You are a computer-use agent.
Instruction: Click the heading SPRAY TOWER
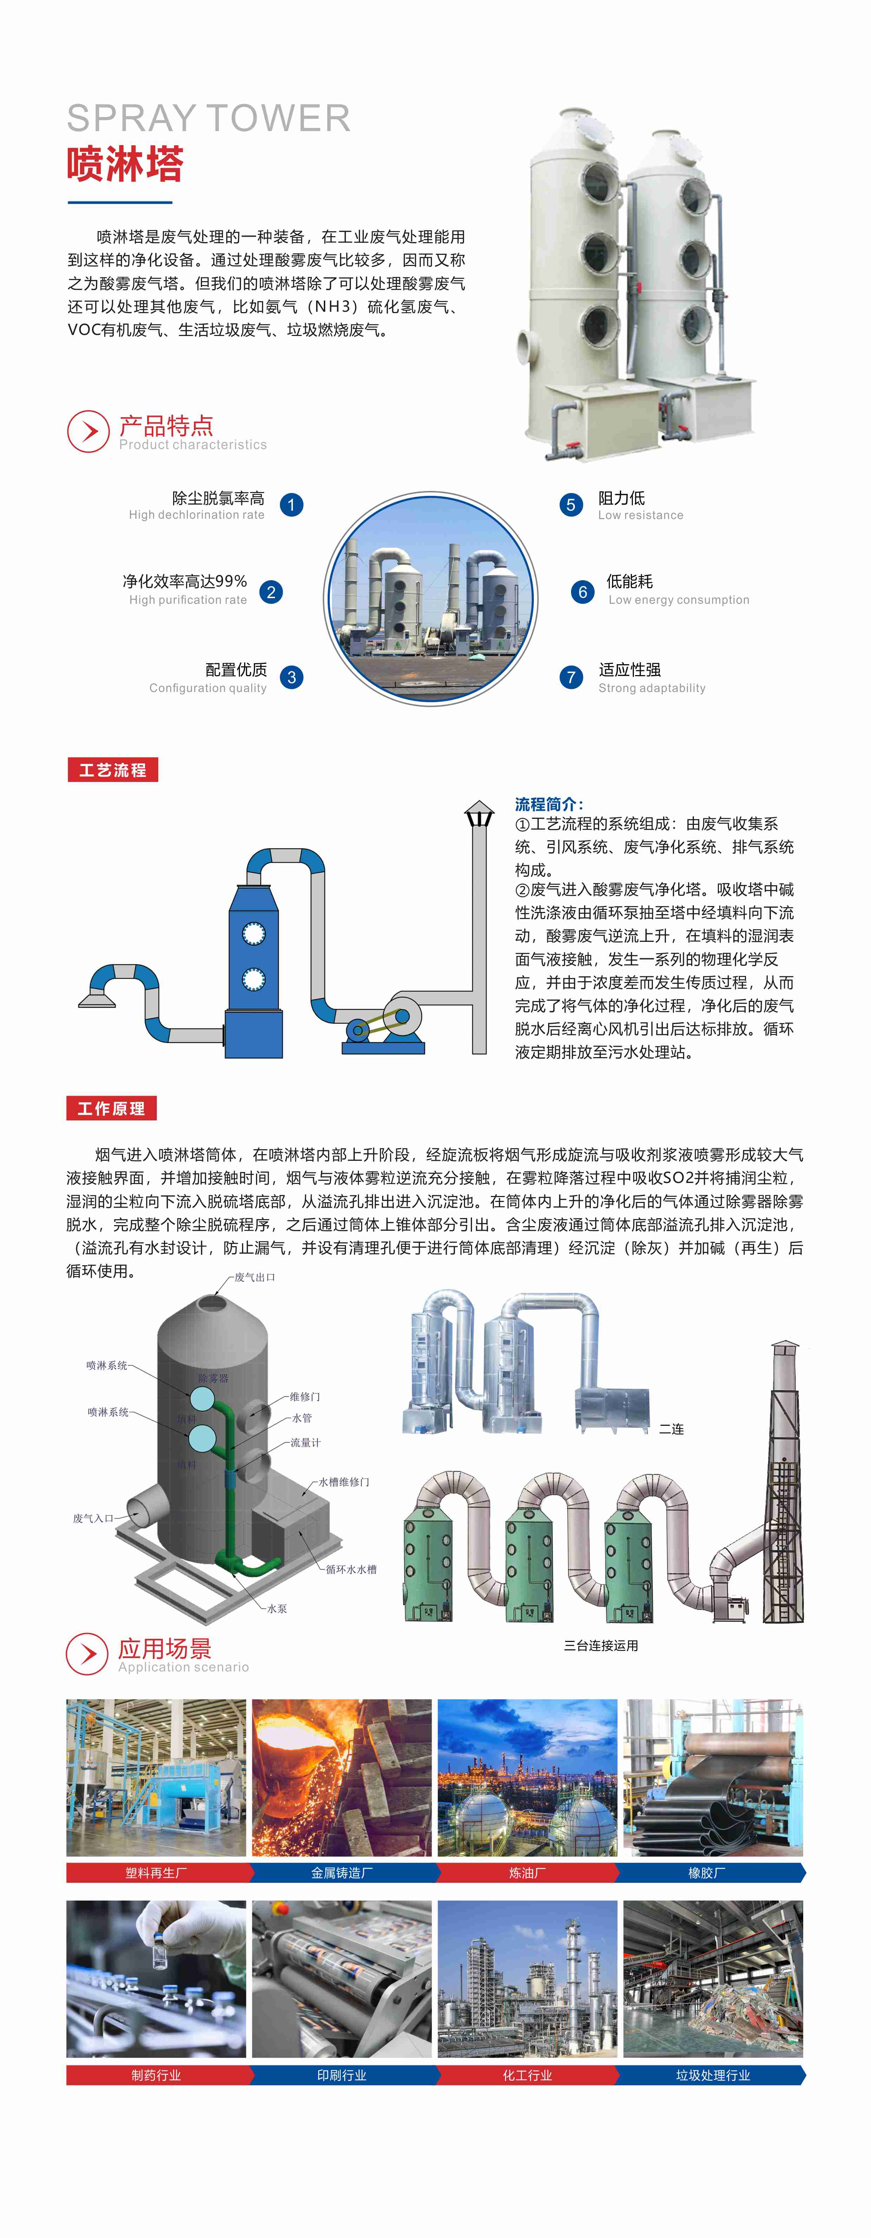click(208, 118)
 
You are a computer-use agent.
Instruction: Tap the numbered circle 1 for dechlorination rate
click(292, 505)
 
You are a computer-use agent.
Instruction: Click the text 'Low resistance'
click(640, 515)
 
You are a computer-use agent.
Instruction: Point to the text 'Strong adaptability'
click(651, 688)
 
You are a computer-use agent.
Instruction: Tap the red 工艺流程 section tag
click(113, 770)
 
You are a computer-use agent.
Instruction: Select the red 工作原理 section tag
click(111, 1108)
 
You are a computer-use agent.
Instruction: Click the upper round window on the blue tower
click(253, 934)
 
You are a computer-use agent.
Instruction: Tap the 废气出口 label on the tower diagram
click(255, 1277)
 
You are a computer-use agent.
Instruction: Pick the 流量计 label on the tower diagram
click(306, 1443)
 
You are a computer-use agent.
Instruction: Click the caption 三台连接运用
click(601, 1645)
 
